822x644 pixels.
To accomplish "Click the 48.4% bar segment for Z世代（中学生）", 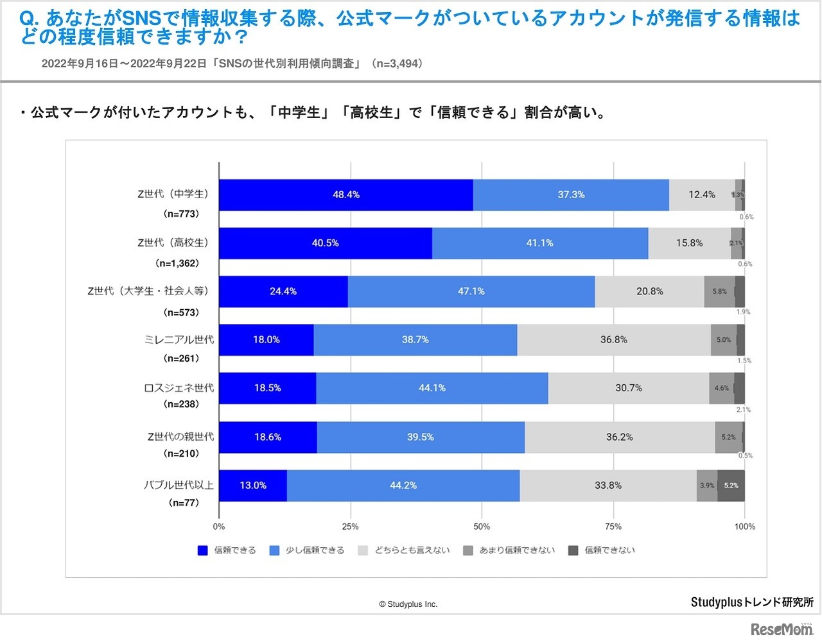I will [x=345, y=195].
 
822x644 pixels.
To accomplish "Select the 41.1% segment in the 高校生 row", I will [x=539, y=243].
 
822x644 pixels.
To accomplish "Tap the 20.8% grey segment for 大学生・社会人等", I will [x=649, y=291].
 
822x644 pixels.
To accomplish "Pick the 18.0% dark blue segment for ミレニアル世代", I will [x=266, y=340].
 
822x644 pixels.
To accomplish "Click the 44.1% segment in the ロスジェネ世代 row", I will [x=432, y=388].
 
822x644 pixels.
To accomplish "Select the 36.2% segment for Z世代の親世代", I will [x=619, y=437].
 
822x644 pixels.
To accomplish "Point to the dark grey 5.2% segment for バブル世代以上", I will [x=731, y=486].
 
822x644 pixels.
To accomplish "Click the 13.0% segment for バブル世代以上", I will [x=252, y=486].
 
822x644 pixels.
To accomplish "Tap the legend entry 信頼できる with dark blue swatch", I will [x=227, y=550].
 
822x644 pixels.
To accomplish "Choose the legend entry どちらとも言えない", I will [x=404, y=550].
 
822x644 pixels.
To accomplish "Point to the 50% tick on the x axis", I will [x=482, y=527].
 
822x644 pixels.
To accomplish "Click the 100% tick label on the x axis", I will [x=745, y=527].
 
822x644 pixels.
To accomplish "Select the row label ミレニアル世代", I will [x=179, y=340].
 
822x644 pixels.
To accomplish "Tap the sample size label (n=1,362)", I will [x=177, y=264].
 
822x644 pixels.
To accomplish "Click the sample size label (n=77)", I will [x=184, y=503].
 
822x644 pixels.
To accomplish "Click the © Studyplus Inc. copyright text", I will [x=408, y=604].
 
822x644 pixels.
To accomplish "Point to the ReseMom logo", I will [x=781, y=629].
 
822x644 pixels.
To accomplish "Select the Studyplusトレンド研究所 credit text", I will [x=752, y=602].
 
